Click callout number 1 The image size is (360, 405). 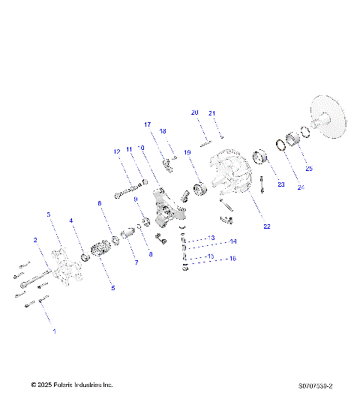[53, 329]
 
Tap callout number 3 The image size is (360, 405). [49, 214]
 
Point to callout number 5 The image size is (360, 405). [113, 287]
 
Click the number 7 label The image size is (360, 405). [136, 262]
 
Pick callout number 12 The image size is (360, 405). [117, 151]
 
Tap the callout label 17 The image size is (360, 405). [148, 124]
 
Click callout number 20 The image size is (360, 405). [194, 112]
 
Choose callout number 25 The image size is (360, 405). [309, 168]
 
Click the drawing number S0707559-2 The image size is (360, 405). [315, 385]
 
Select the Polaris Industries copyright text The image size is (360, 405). [72, 385]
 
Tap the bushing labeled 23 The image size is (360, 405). [262, 158]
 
